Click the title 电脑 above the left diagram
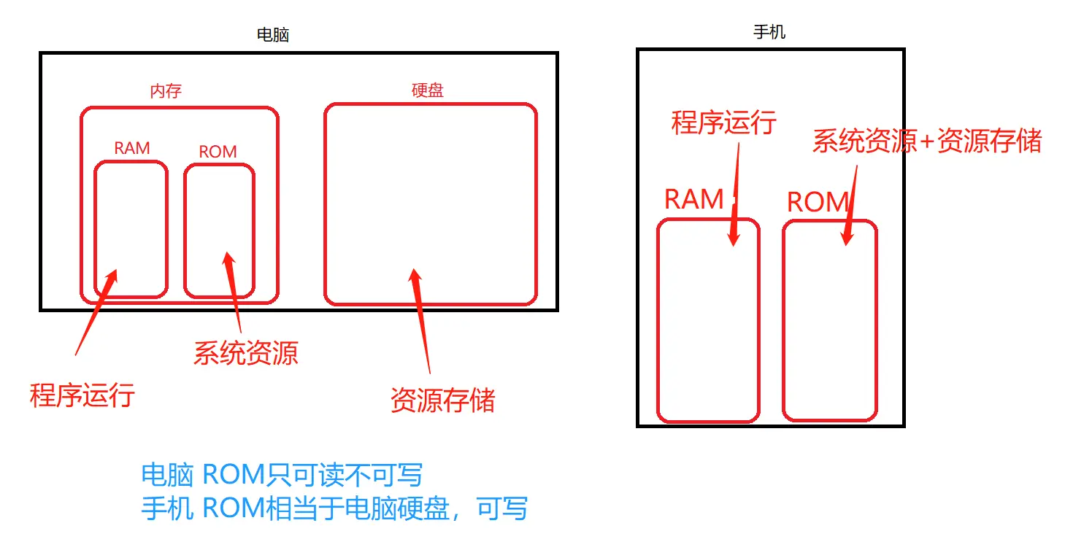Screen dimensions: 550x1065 pyautogui.click(x=273, y=34)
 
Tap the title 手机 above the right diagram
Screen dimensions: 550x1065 pyautogui.click(x=769, y=32)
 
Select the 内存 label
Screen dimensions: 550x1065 pyautogui.click(x=166, y=91)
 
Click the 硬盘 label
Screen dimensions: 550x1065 pyautogui.click(x=428, y=90)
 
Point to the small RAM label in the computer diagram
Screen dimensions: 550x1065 pyautogui.click(x=132, y=148)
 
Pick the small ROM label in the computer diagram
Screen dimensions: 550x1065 pyautogui.click(x=218, y=152)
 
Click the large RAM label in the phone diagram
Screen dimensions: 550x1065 pyautogui.click(x=693, y=199)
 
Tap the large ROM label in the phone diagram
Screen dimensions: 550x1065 pyautogui.click(x=818, y=202)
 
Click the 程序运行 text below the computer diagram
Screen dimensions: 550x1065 pyautogui.click(x=82, y=395)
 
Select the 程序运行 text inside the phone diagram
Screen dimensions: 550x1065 pyautogui.click(x=723, y=123)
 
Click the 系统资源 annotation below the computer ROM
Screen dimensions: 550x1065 pyautogui.click(x=246, y=353)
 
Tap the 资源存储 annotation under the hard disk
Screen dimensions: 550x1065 pyautogui.click(x=443, y=400)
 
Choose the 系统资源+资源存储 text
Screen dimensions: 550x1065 pyautogui.click(x=927, y=141)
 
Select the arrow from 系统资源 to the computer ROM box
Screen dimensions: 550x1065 pyautogui.click(x=233, y=292)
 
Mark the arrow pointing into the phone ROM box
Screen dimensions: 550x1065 pyautogui.click(x=852, y=204)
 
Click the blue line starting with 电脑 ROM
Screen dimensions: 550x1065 pyautogui.click(x=282, y=475)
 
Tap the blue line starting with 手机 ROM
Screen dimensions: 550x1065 pyautogui.click(x=334, y=508)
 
